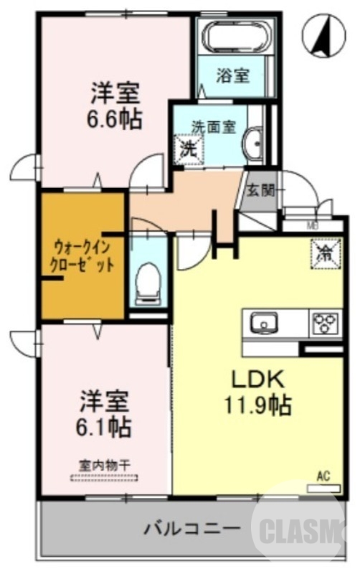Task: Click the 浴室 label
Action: pyautogui.click(x=232, y=75)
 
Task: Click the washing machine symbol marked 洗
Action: pyautogui.click(x=189, y=151)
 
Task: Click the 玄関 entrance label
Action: pyautogui.click(x=261, y=190)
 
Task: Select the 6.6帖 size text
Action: pyautogui.click(x=115, y=118)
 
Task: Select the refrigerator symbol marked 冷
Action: pyautogui.click(x=324, y=252)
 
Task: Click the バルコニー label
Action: pyautogui.click(x=191, y=531)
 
